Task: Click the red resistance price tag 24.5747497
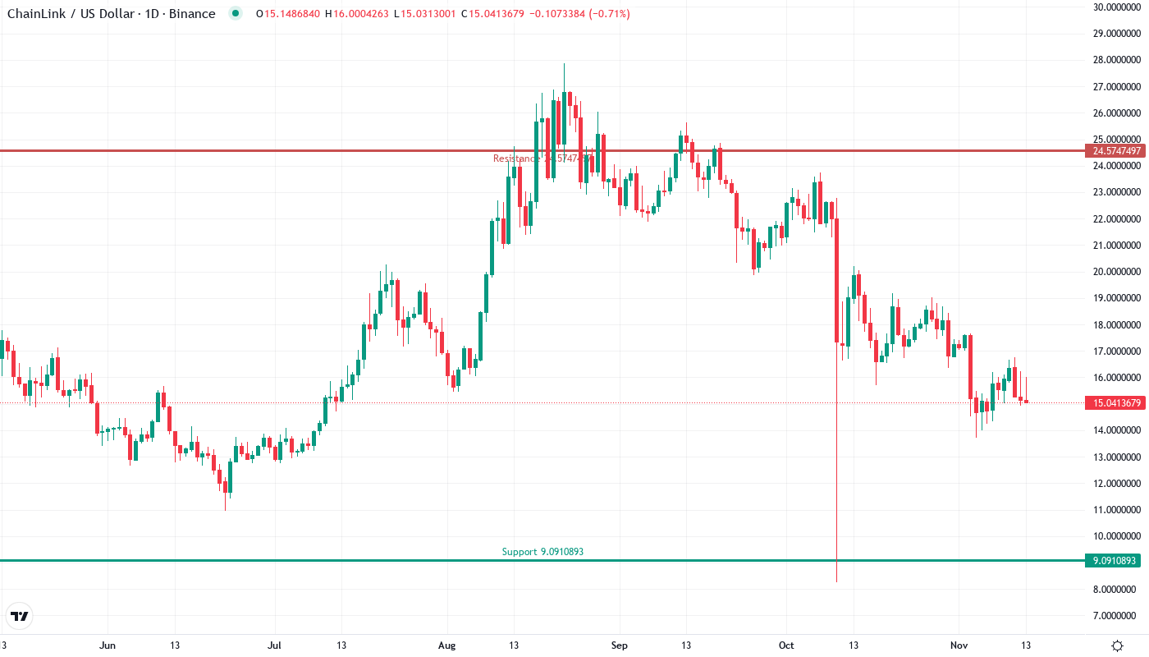tap(1114, 151)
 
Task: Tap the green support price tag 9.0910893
tap(1114, 561)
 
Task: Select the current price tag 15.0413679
tap(1114, 402)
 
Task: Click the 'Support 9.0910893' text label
tap(542, 552)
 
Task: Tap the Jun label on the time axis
tap(107, 646)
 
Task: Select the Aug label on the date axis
tap(447, 646)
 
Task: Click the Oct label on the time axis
tap(787, 646)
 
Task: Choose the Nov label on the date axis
tap(958, 646)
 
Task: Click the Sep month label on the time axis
tap(620, 646)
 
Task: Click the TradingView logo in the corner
tap(20, 616)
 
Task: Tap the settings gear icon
tap(1117, 646)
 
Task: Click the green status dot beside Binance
tap(236, 14)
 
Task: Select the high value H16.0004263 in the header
tap(357, 14)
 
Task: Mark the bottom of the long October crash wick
tap(836, 581)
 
